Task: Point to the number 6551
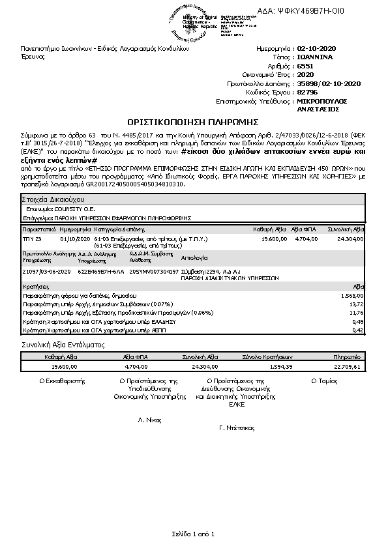click(305, 66)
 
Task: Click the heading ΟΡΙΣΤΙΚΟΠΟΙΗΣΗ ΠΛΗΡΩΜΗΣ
click(194, 121)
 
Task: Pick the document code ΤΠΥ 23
click(32, 240)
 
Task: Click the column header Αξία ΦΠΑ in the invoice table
click(303, 230)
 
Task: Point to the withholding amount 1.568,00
click(351, 296)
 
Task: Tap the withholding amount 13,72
click(356, 304)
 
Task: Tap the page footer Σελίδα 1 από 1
click(194, 533)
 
